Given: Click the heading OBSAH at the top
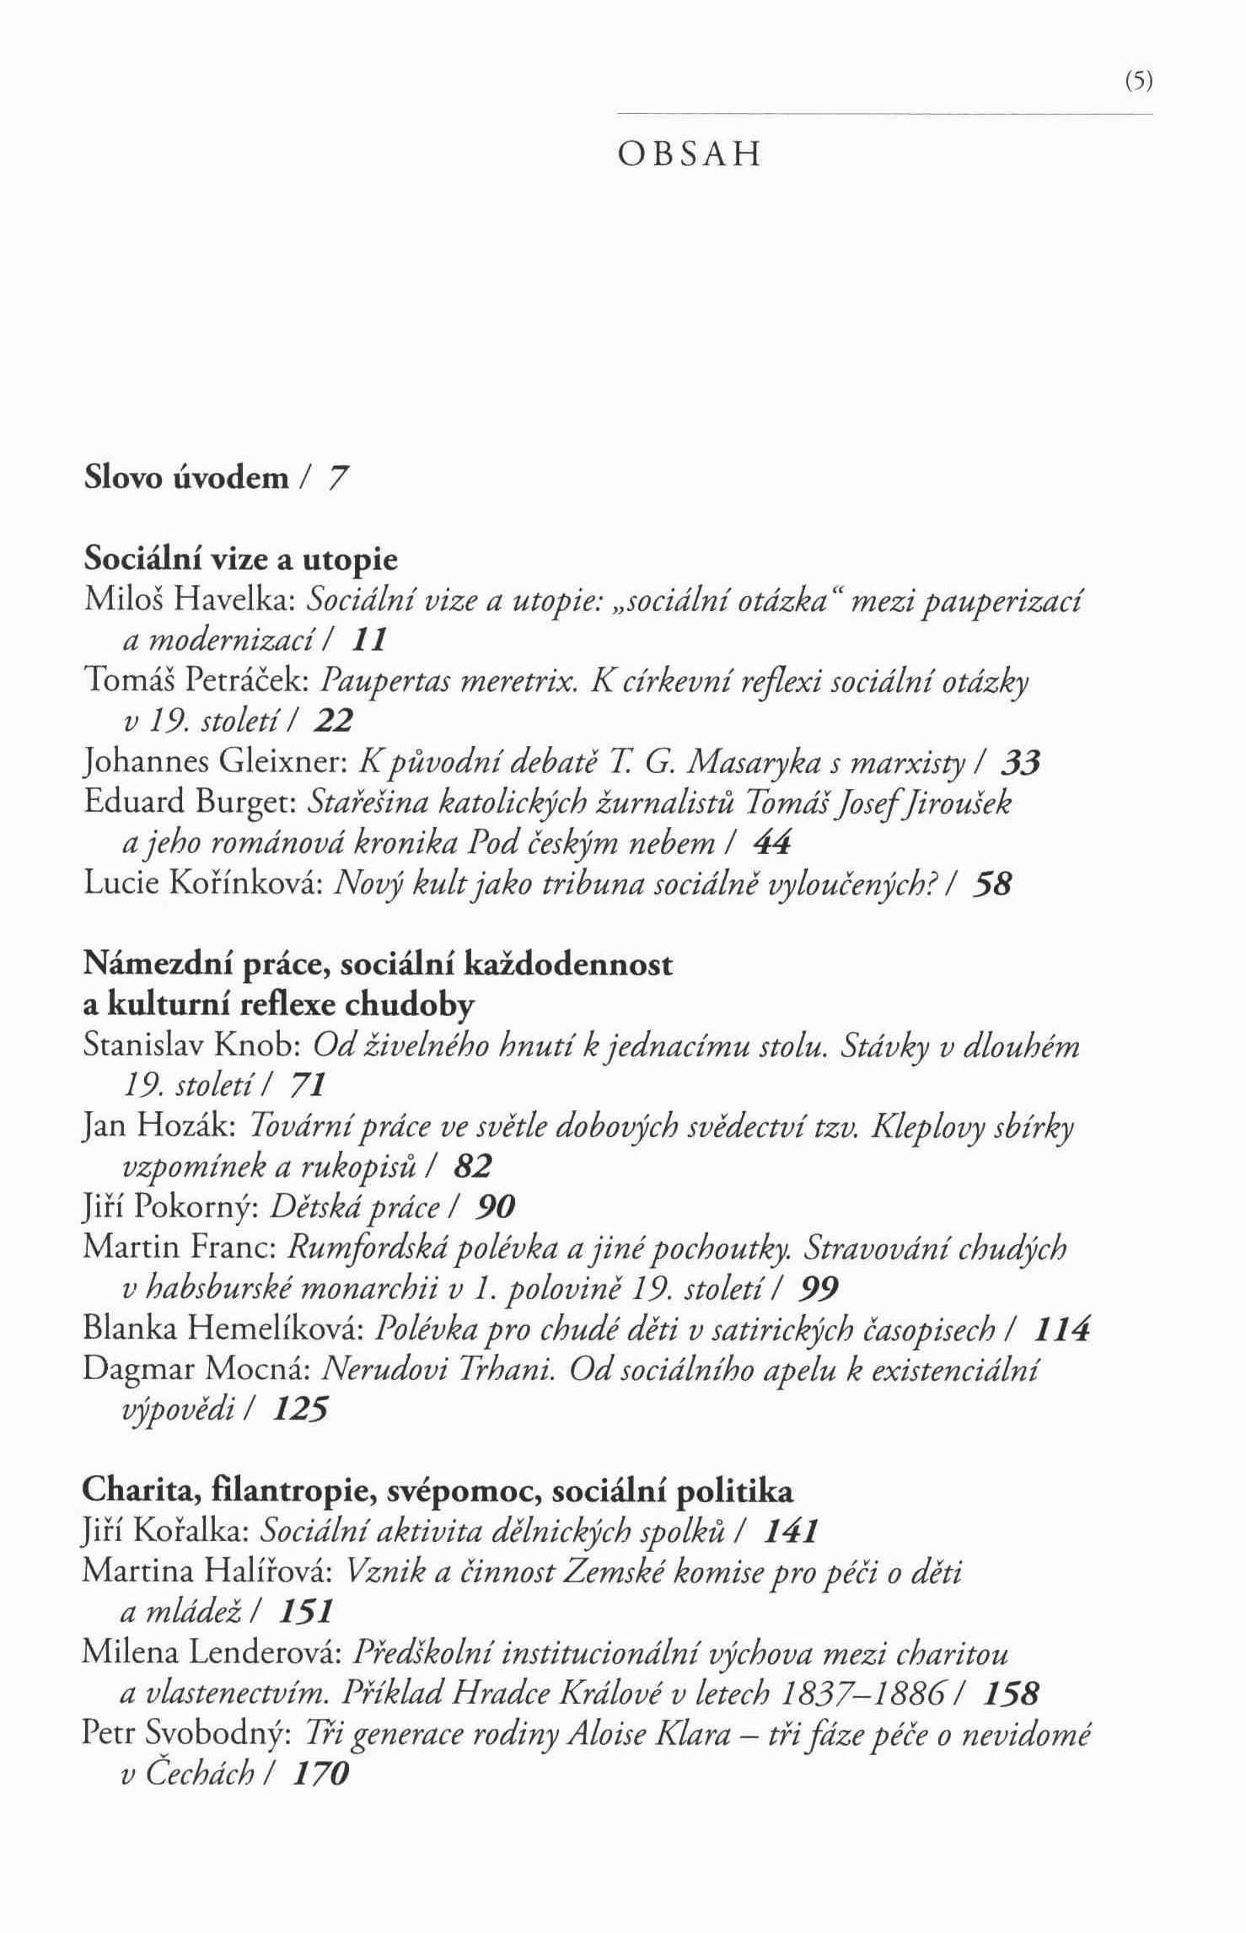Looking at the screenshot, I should (689, 155).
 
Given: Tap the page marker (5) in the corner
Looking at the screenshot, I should (1138, 82).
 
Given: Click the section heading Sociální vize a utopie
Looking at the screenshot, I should (241, 559).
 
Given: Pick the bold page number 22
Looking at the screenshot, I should (333, 721).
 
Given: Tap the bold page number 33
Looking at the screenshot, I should (1021, 763).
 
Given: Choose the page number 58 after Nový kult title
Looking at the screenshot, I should (991, 884).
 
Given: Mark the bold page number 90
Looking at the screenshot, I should (495, 1208).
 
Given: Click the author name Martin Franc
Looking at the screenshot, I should (180, 1248).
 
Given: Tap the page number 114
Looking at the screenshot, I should (1061, 1329).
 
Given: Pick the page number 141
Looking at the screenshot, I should (790, 1532).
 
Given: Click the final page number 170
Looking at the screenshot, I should (320, 1775).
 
